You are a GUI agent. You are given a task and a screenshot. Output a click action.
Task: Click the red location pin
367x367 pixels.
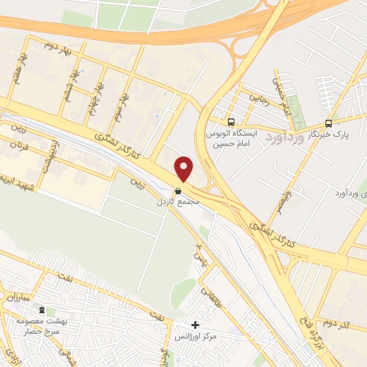point(184,168)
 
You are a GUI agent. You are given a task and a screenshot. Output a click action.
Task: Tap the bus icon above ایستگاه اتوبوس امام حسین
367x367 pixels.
point(231,123)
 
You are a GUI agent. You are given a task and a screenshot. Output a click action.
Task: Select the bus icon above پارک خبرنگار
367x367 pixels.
point(328,123)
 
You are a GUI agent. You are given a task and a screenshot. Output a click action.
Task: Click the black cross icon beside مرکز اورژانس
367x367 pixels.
point(195,325)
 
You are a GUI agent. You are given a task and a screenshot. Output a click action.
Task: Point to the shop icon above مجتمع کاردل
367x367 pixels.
point(178,191)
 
